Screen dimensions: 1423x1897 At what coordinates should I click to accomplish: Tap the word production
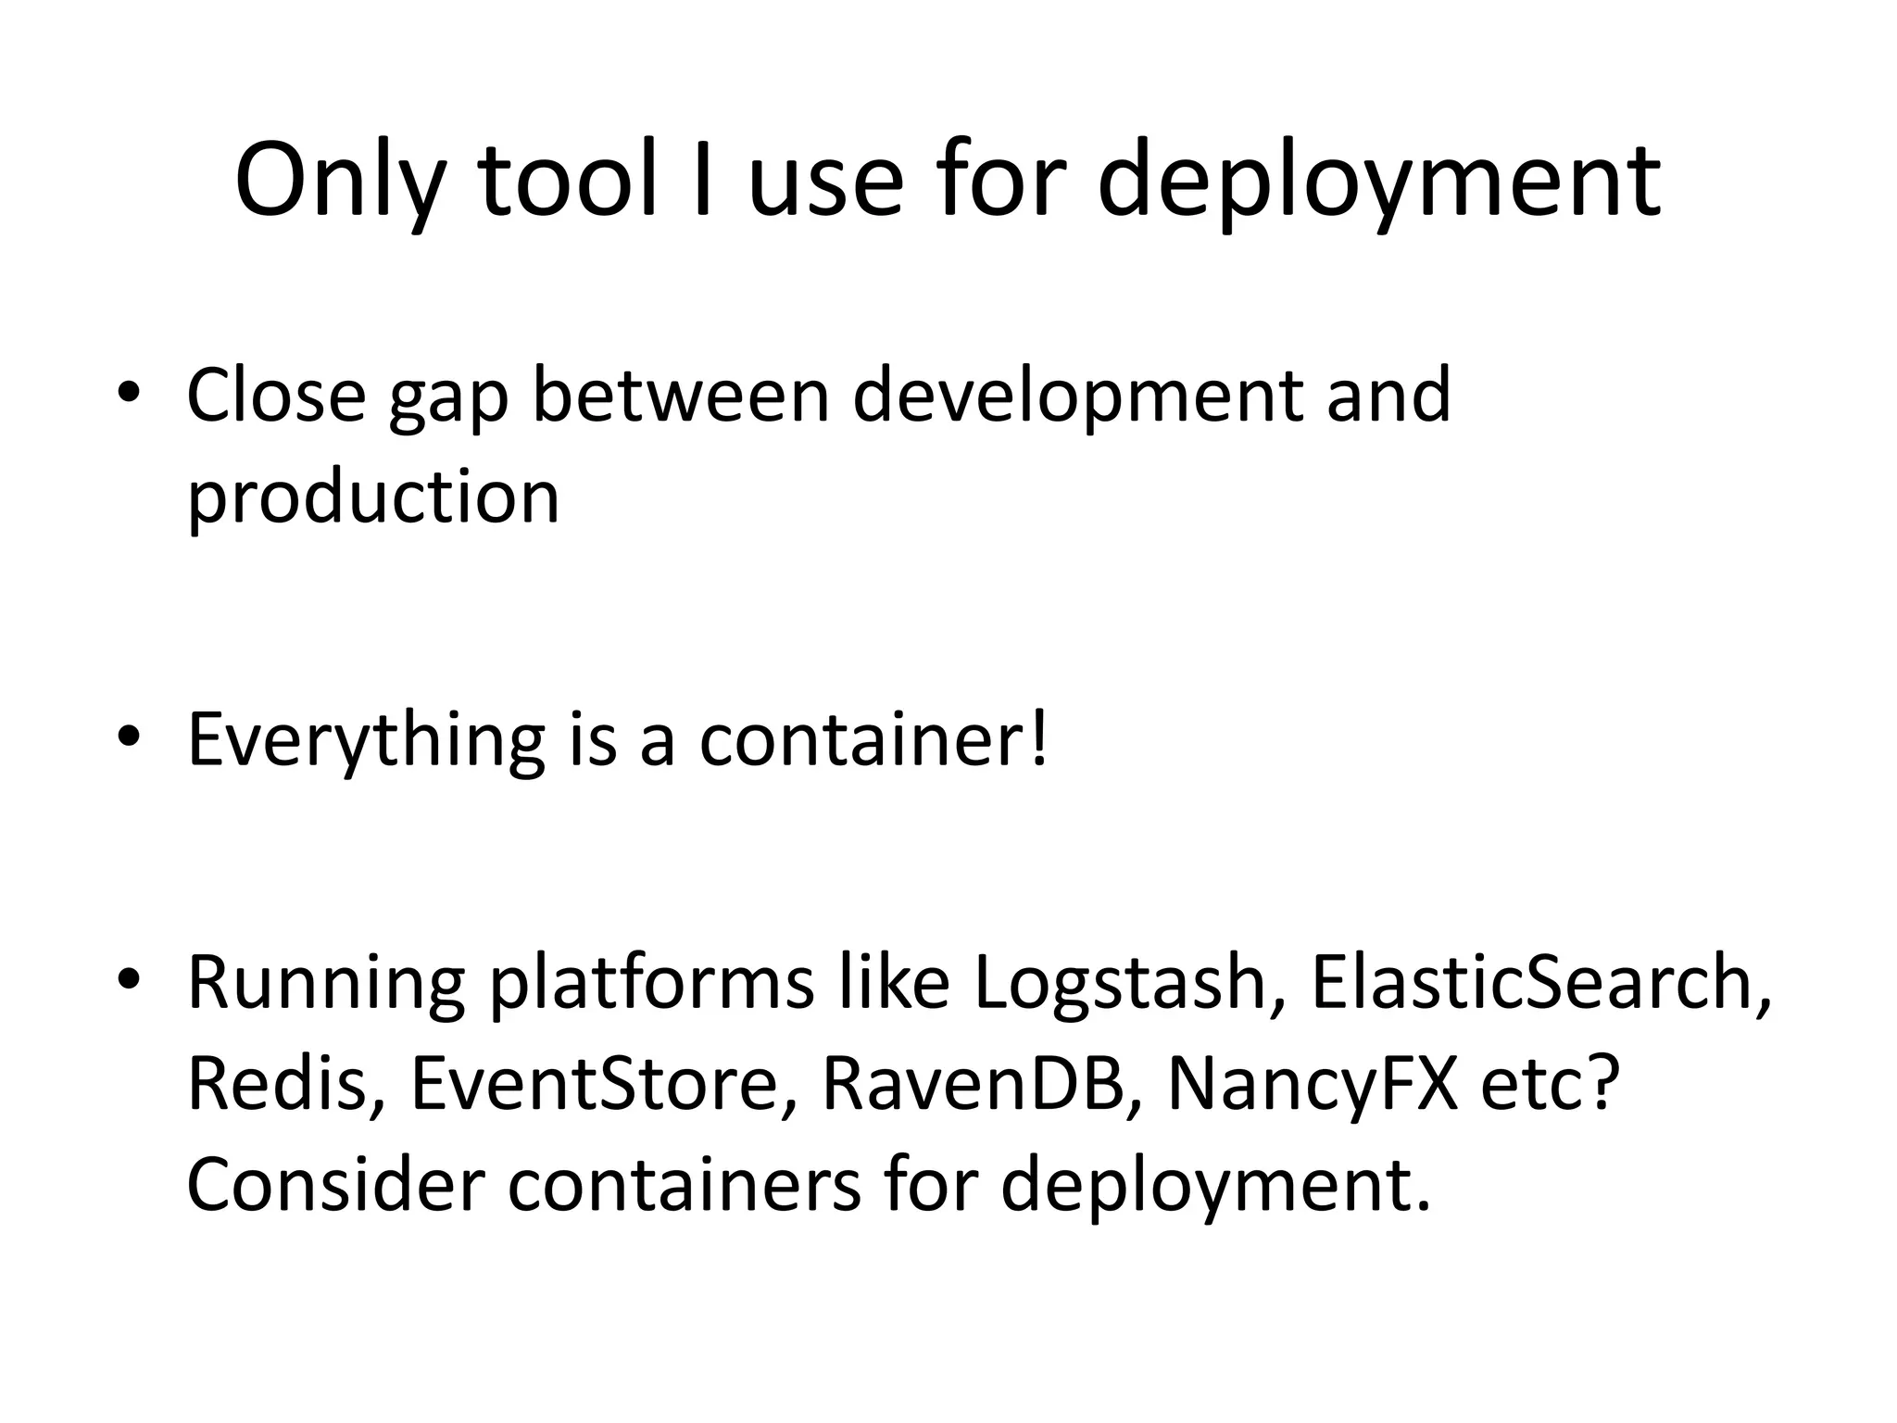pos(373,497)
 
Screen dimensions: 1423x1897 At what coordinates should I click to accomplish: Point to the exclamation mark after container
pos(1039,738)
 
